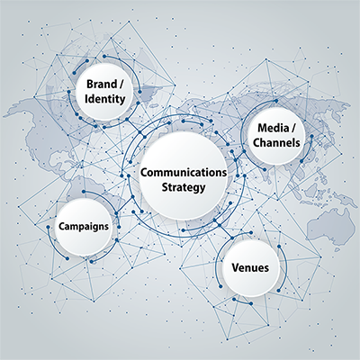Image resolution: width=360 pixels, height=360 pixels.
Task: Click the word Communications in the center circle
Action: (184, 173)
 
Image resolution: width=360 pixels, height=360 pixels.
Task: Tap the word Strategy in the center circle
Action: (184, 188)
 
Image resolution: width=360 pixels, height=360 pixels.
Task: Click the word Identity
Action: (104, 99)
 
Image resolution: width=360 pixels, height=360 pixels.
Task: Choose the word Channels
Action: (276, 142)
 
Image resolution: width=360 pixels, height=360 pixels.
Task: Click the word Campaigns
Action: (84, 226)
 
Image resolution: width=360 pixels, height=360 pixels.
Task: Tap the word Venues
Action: (250, 267)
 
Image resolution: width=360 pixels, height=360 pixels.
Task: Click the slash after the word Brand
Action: (121, 85)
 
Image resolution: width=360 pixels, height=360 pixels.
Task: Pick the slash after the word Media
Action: (293, 129)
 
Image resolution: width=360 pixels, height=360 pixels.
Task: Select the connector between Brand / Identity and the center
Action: (136, 129)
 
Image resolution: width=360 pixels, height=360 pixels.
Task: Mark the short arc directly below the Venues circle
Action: (242, 302)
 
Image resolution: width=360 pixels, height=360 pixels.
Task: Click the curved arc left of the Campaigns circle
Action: (53, 246)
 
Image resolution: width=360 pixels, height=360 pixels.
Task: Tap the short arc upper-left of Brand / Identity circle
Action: (80, 66)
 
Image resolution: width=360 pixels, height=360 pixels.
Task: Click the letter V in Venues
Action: (235, 267)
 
